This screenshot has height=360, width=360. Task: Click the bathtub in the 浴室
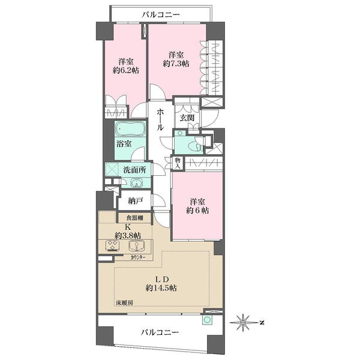130,128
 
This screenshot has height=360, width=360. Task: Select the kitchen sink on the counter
137,246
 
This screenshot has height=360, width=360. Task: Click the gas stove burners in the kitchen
113,246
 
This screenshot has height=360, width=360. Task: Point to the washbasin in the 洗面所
136,183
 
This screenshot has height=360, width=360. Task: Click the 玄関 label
187,118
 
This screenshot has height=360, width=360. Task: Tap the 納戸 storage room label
136,200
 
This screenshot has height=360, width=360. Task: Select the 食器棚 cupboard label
135,218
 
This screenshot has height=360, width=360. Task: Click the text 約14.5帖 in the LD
161,288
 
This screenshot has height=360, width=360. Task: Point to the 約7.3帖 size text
176,64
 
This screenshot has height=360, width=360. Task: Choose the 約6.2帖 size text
126,70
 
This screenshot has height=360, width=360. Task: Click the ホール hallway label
160,119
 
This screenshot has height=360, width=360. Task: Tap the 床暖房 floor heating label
124,303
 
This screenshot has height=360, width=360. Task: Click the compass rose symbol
243,323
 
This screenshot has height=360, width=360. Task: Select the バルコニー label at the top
160,15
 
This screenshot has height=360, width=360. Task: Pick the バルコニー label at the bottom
160,332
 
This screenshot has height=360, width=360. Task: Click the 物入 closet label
178,163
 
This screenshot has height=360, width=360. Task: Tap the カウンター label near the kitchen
138,257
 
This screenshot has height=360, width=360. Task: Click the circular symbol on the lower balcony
208,320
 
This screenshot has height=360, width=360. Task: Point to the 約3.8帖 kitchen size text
128,235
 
